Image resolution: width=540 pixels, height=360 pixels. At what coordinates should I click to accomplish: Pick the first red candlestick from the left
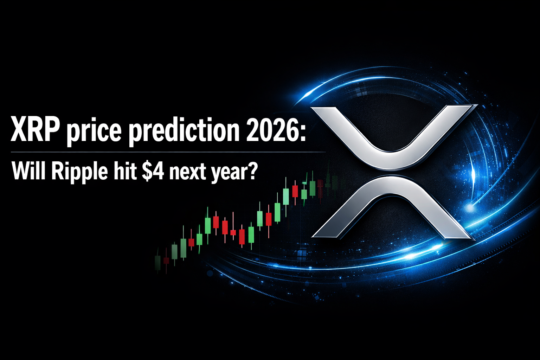pos(166,261)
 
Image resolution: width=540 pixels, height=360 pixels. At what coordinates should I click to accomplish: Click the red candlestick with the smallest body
pos(233,232)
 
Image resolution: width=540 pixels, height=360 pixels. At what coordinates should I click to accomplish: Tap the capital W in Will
pos(20,171)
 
